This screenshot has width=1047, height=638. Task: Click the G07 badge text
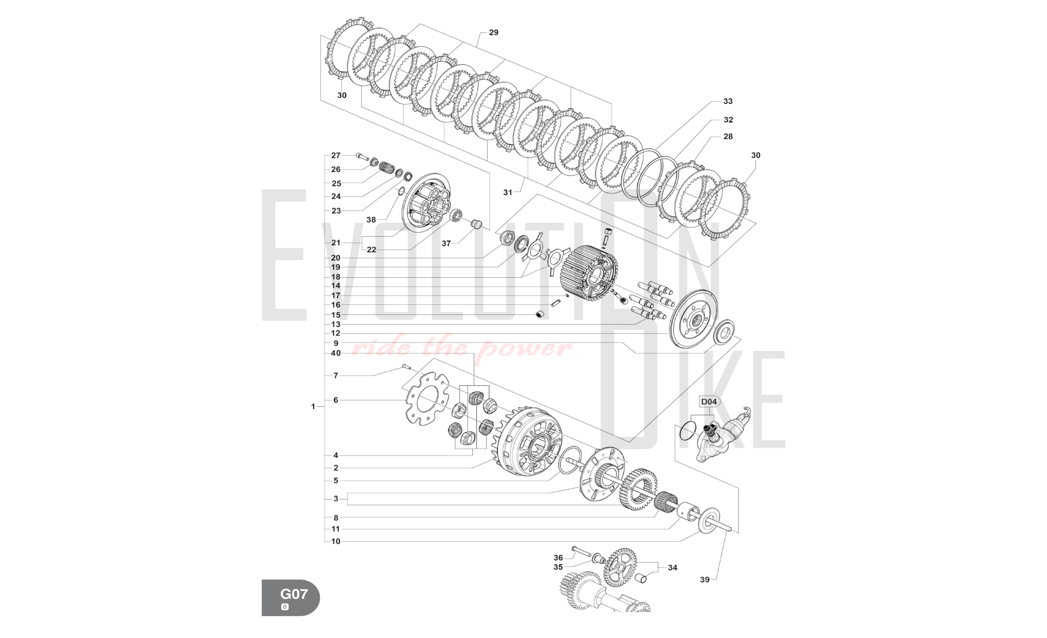(x=294, y=594)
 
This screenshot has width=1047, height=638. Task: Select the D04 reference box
(x=709, y=402)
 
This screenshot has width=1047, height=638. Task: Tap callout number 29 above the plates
(x=494, y=32)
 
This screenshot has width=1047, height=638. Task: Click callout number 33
(x=728, y=101)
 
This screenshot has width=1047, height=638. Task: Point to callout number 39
(x=705, y=579)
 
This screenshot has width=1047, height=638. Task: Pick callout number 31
(x=508, y=192)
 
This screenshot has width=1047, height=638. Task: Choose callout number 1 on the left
(x=313, y=406)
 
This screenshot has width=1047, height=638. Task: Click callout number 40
(x=336, y=353)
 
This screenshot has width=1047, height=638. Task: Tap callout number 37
(x=446, y=243)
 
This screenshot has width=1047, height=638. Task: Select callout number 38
(x=371, y=220)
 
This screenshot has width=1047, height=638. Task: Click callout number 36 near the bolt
(x=558, y=558)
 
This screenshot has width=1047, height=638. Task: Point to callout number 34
(x=672, y=567)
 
